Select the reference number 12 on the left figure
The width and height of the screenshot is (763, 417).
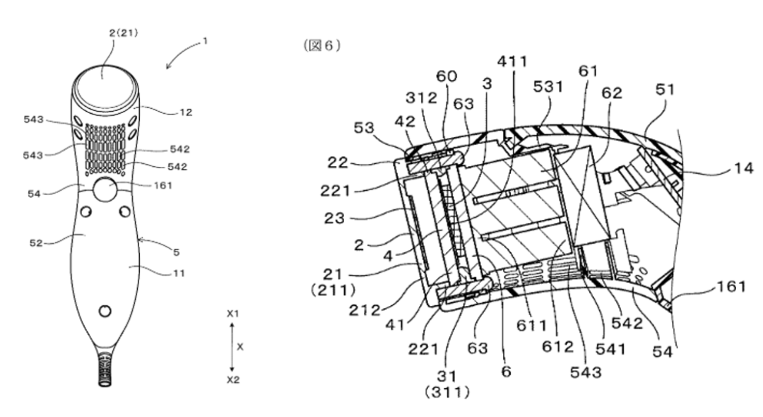pos(187,112)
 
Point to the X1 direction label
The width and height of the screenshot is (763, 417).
pos(233,312)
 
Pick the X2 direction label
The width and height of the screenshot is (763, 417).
pos(233,380)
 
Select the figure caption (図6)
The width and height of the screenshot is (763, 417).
pos(322,45)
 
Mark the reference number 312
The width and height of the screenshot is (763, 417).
pos(423,98)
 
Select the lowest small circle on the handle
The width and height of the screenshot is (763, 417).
pos(105,310)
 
